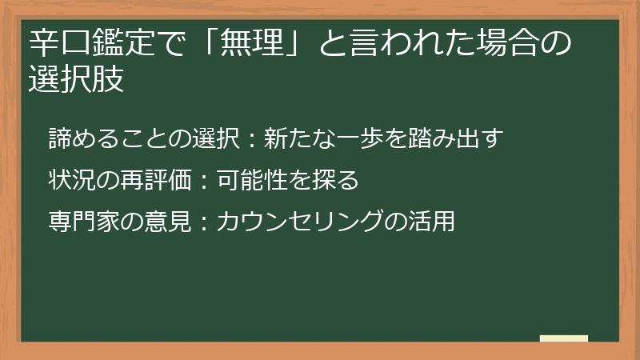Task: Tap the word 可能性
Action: [x=253, y=180]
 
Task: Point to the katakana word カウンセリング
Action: [x=299, y=222]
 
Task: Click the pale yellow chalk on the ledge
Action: [x=564, y=338]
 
